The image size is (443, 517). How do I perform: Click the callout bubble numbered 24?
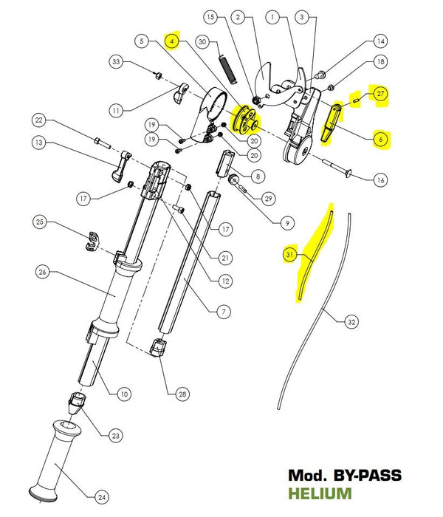101,496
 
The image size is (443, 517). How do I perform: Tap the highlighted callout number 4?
172,41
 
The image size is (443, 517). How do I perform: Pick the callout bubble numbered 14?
380,41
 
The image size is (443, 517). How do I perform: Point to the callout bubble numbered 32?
351,321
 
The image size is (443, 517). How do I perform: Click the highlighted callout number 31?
288,255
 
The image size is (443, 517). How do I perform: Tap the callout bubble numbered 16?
380,179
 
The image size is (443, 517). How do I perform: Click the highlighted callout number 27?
380,94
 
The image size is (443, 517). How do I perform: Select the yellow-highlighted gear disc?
243,120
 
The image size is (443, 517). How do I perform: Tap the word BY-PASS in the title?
366,476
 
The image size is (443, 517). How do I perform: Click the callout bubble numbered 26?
42,273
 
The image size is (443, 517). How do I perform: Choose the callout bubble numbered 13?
40,142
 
